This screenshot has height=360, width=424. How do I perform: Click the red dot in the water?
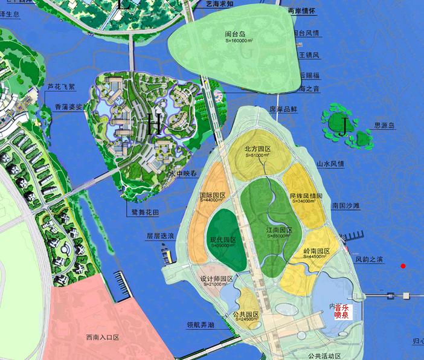[403, 266]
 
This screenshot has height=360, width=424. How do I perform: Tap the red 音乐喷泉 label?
[341, 311]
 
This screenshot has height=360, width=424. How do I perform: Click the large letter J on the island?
[344, 127]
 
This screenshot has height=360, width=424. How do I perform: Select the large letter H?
[153, 126]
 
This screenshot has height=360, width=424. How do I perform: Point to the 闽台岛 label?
[234, 34]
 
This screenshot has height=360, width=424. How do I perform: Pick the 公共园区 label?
[245, 314]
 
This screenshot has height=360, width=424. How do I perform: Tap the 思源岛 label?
[384, 126]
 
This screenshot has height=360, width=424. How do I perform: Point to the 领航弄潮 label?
[201, 324]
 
